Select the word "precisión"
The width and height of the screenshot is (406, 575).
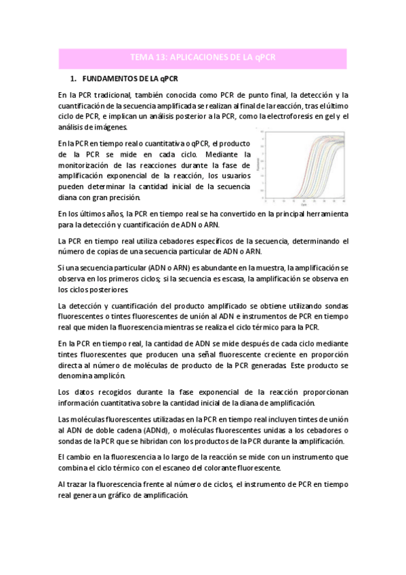coord(124,197)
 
